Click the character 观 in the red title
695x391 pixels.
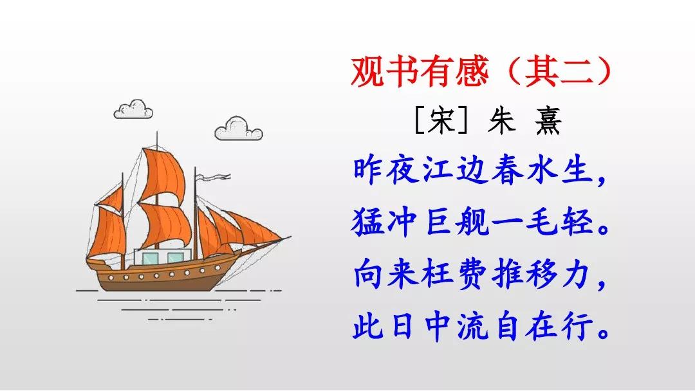[x=367, y=72]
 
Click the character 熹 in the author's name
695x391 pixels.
[x=548, y=120]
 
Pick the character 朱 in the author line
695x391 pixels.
[x=501, y=120]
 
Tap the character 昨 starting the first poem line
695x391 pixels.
[x=367, y=170]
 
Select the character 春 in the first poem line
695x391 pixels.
[x=507, y=170]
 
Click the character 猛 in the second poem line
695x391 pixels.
[x=367, y=223]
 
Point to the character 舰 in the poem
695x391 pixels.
[x=472, y=223]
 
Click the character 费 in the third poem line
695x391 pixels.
[x=472, y=275]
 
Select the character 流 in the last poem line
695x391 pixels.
[x=472, y=327]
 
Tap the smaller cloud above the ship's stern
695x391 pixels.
[x=133, y=109]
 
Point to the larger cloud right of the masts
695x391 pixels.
[x=239, y=129]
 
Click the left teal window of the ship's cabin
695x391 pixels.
[x=150, y=258]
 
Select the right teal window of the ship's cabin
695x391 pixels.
[x=176, y=258]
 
